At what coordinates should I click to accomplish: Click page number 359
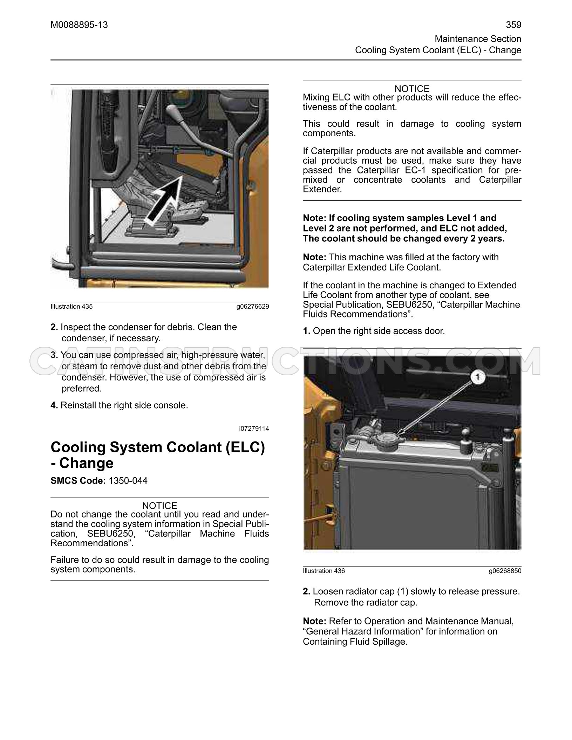pyautogui.click(x=513, y=25)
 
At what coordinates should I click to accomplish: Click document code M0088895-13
pyautogui.click(x=79, y=25)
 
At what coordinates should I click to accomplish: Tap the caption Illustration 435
pyautogui.click(x=72, y=307)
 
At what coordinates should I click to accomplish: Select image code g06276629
pyautogui.click(x=253, y=307)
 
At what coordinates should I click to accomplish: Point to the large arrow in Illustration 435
pyautogui.click(x=163, y=200)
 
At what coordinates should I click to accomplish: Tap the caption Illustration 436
pyautogui.click(x=324, y=571)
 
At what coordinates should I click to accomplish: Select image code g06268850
pyautogui.click(x=505, y=571)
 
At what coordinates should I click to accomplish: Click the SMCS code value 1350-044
pyautogui.click(x=128, y=480)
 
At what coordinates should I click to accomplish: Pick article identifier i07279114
pyautogui.click(x=254, y=429)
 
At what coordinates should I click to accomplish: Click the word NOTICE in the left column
pyautogui.click(x=160, y=506)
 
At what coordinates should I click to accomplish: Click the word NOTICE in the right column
pyautogui.click(x=412, y=89)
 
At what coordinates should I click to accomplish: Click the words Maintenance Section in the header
pyautogui.click(x=478, y=39)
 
